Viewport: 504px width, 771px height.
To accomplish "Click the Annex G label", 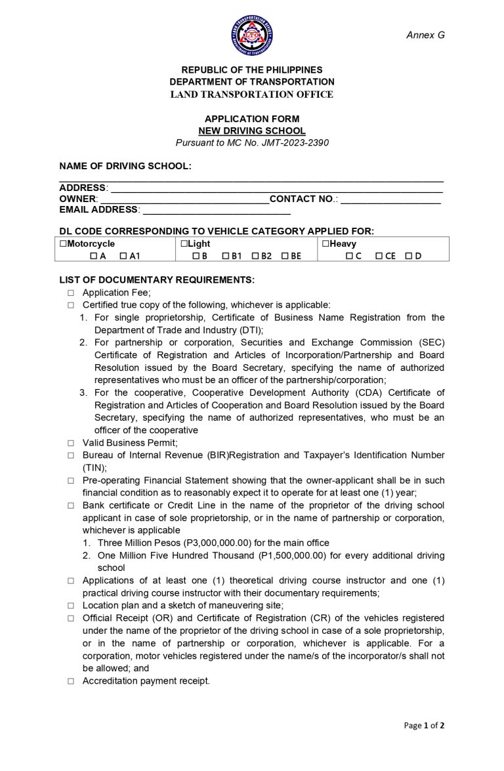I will (425, 35).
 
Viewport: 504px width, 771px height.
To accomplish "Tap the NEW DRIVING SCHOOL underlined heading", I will (252, 131).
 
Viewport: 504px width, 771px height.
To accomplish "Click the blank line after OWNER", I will (184, 198).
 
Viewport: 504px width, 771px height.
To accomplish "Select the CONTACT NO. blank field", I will (390, 198).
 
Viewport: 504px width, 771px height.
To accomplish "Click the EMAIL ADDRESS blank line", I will (216, 209).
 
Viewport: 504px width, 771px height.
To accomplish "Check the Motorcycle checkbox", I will (63, 244).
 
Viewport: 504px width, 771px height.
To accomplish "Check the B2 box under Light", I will (255, 256).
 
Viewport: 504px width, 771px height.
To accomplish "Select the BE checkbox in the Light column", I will (285, 256).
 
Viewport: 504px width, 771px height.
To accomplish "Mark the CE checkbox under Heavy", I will (379, 256).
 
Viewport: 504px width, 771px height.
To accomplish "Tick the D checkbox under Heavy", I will (409, 256).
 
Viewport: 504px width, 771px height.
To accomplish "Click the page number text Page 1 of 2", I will (424, 725).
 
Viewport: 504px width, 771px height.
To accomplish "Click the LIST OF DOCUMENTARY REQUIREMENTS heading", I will (157, 280).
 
